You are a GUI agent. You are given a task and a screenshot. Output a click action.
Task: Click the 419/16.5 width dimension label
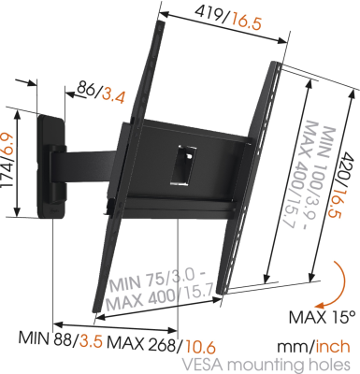tap(222, 15)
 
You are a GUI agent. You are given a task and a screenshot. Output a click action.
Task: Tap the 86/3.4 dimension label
tap(101, 91)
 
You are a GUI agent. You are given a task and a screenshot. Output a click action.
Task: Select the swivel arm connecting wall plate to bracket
tap(94, 167)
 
